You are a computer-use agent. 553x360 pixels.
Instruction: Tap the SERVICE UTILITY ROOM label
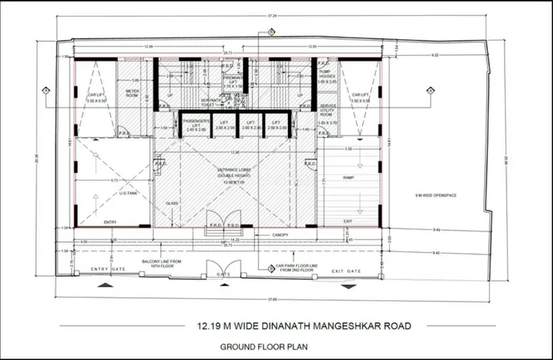[329, 113]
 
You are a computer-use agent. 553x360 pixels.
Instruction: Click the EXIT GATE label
[347, 271]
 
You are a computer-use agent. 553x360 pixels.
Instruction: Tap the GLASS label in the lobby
[172, 203]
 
